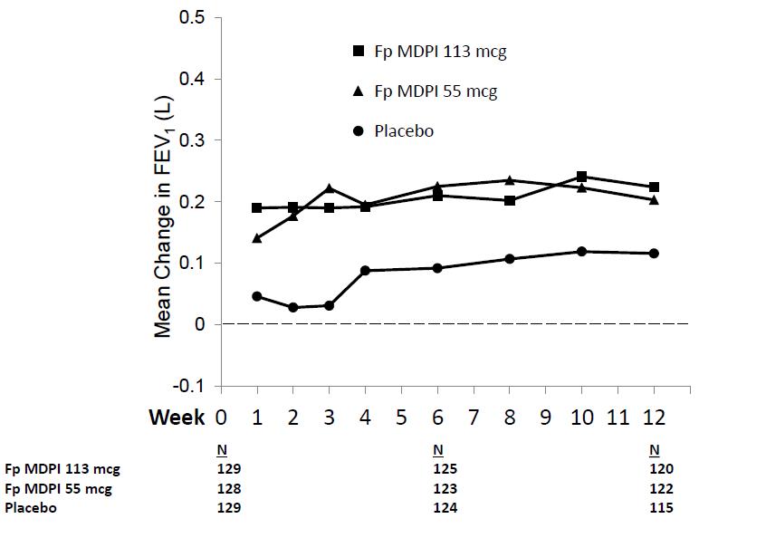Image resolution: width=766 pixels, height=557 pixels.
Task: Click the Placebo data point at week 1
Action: (x=256, y=296)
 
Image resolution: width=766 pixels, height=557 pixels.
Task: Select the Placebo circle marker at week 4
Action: (x=365, y=271)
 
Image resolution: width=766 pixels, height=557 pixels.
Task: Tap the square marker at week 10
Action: (x=581, y=177)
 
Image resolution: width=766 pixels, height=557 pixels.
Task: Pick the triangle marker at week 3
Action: (x=329, y=188)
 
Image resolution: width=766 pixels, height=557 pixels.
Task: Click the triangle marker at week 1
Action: (x=256, y=238)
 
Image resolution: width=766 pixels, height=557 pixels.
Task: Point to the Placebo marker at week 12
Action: (x=654, y=254)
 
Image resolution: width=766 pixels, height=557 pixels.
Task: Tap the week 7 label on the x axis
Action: (x=474, y=418)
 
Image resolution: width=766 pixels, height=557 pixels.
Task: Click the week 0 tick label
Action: (x=220, y=418)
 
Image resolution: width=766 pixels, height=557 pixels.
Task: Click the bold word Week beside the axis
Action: (x=177, y=418)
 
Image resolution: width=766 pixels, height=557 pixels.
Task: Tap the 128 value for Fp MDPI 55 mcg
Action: (x=228, y=489)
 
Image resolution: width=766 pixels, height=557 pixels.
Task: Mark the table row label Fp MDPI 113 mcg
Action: (x=62, y=469)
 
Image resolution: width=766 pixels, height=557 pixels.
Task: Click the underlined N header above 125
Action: (x=438, y=449)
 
